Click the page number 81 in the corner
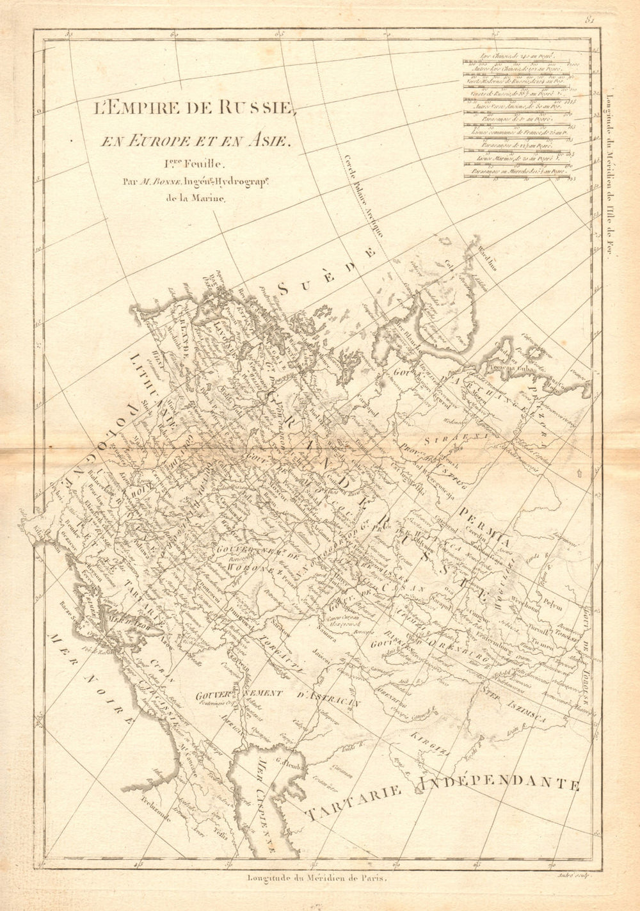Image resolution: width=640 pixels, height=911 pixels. (590, 20)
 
